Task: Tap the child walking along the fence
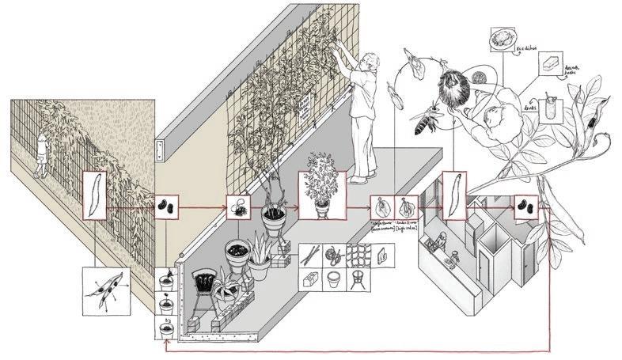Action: click(x=42, y=152)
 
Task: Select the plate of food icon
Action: click(x=503, y=38)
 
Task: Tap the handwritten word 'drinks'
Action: click(x=531, y=104)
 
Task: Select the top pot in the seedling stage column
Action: click(x=168, y=280)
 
